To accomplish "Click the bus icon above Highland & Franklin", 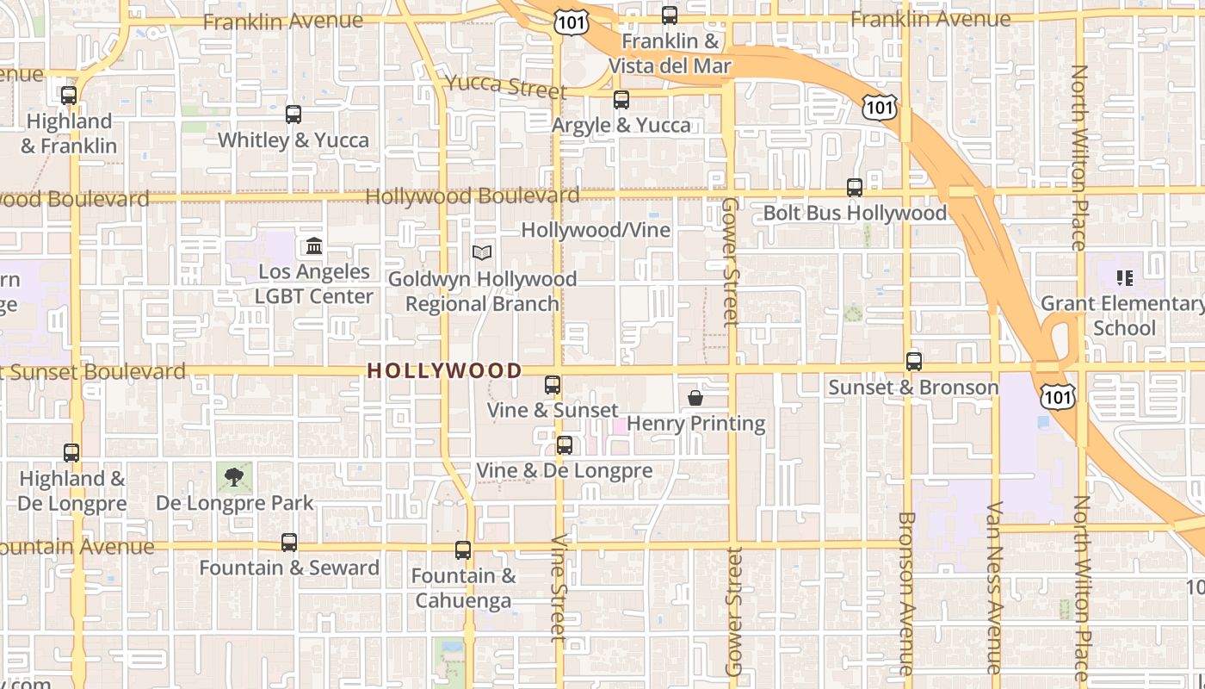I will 69,96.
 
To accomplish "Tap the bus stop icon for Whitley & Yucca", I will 294,114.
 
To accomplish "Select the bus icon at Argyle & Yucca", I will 621,100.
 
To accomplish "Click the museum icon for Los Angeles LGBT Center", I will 314,247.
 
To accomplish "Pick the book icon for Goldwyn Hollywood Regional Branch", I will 482,253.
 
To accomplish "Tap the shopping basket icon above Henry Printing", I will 695,398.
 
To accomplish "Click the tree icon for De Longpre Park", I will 234,476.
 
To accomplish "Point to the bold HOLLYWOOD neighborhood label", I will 444,371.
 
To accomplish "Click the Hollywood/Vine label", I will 596,230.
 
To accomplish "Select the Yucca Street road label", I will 505,86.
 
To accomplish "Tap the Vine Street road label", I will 559,588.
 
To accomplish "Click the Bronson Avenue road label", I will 905,594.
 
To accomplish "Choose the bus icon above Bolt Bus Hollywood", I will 855,187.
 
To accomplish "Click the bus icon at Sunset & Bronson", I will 914,362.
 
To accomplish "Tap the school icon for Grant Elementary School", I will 1124,278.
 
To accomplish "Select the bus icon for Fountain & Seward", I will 289,543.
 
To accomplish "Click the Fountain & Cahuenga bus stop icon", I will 463,550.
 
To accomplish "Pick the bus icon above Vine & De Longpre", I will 565,445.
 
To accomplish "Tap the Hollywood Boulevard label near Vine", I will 473,196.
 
